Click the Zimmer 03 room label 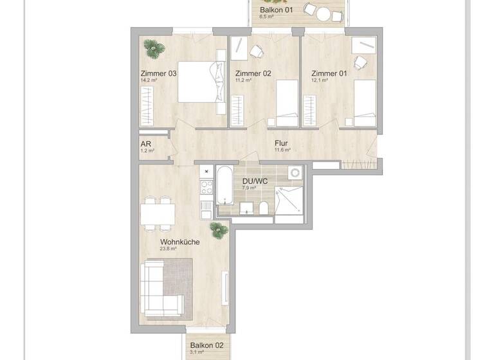tap(158, 73)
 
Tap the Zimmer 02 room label tap(253, 73)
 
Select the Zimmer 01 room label tap(329, 73)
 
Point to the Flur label tap(280, 143)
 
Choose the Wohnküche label tap(179, 242)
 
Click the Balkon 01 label tap(276, 11)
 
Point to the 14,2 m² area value tap(149, 82)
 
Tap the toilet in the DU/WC tap(264, 208)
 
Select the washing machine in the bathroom tap(295, 173)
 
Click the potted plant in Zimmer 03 tap(153, 46)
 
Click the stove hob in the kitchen tap(206, 188)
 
